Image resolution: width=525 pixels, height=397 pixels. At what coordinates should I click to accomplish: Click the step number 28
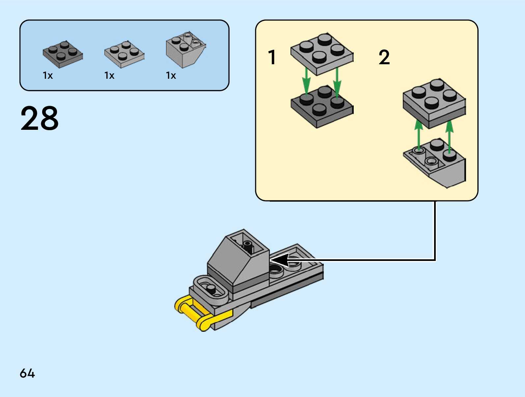point(40,118)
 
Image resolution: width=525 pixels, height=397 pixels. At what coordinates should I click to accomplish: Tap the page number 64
point(27,373)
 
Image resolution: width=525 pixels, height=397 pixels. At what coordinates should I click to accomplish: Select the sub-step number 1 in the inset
point(272,57)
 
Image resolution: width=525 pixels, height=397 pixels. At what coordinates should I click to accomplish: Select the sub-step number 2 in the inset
point(384,57)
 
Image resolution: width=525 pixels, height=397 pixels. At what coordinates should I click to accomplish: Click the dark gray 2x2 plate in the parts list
point(63,54)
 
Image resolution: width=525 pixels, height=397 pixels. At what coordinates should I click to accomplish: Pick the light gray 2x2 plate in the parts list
point(124,54)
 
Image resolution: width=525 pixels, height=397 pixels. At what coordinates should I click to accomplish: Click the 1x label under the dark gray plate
point(48,76)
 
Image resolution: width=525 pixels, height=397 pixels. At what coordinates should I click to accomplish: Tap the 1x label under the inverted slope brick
point(171,76)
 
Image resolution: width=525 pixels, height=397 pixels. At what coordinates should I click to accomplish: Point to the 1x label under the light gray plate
point(109,76)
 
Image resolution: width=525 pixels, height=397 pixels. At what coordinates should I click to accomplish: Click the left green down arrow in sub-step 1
point(306,81)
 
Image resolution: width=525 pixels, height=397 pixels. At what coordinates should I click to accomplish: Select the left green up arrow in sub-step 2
point(418,135)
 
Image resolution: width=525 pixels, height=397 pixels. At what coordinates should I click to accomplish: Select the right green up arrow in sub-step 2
point(449,135)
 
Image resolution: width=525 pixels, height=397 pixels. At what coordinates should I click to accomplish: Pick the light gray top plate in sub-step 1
point(322,54)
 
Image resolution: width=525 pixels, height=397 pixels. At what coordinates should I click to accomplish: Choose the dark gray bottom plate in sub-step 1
point(322,107)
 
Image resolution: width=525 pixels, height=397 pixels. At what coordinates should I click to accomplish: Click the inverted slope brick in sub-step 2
point(438,163)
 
